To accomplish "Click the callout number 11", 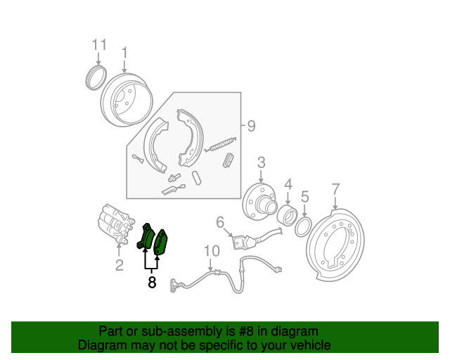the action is click(99, 45).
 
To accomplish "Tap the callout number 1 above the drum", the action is click(124, 53).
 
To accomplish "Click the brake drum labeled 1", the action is click(127, 99).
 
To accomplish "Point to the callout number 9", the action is click(251, 126).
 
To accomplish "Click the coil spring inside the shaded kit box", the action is click(220, 144).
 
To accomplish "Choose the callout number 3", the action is click(261, 162).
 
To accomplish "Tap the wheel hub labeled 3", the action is click(259, 202).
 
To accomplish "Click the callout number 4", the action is click(288, 184).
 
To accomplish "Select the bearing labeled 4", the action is click(288, 215).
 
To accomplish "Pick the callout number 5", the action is click(304, 197).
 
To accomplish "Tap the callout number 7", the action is click(335, 189).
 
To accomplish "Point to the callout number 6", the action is click(220, 222).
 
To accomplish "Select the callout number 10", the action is click(212, 251).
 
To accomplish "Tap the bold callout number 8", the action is click(152, 282).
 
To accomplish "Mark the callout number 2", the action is click(120, 265).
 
